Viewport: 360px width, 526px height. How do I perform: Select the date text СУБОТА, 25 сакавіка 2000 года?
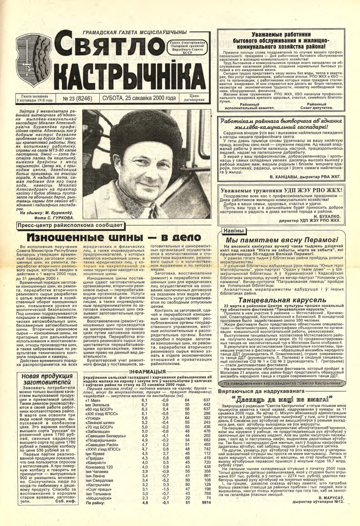139,98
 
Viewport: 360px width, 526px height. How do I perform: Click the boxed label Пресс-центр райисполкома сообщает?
70,226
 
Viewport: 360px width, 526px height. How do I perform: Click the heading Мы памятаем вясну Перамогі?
282,240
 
